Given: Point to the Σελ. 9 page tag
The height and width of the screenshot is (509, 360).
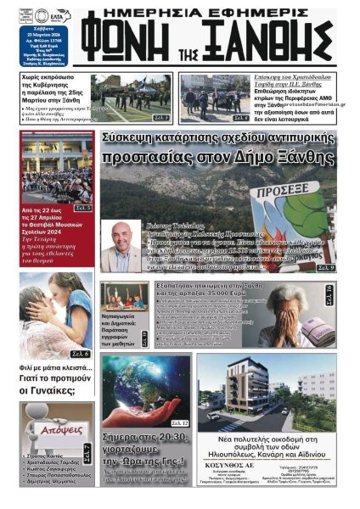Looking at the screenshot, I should tap(325, 267).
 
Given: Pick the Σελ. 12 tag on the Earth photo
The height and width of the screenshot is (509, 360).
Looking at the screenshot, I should tap(180, 422).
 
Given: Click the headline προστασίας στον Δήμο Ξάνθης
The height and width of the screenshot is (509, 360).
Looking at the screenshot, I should tap(217, 158).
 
